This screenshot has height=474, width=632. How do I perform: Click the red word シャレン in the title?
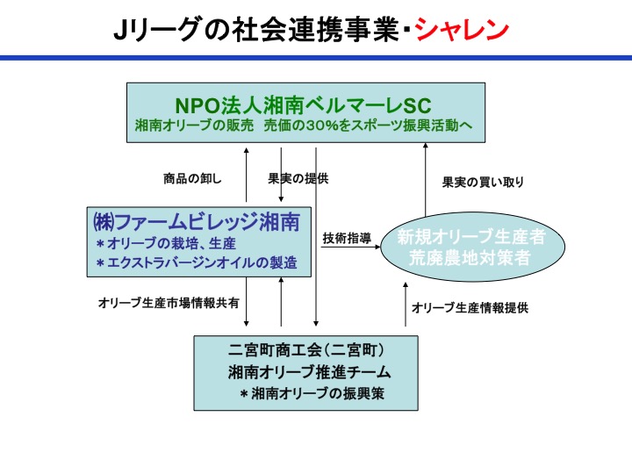(x=462, y=30)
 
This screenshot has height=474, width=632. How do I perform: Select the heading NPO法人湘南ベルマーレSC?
(x=304, y=105)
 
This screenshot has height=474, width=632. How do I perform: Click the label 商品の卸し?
(x=192, y=178)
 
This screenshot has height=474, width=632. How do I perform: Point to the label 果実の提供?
(x=298, y=178)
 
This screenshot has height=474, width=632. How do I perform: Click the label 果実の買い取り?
(x=483, y=183)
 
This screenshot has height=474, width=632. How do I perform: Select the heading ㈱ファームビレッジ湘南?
(x=197, y=222)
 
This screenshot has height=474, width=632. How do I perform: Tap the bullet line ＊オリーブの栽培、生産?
(x=166, y=243)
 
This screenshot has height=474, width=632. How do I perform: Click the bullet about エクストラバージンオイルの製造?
(x=197, y=262)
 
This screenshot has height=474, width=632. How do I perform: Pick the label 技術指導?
(x=347, y=238)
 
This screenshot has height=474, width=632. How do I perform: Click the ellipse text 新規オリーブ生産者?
(x=471, y=237)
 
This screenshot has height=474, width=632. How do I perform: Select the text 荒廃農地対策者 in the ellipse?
(x=470, y=257)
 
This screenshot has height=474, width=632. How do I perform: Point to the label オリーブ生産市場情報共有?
(x=169, y=303)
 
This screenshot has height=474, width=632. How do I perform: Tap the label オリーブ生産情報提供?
(x=470, y=308)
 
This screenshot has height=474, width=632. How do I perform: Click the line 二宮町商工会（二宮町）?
(x=306, y=349)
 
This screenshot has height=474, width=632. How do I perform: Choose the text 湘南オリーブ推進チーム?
(x=309, y=371)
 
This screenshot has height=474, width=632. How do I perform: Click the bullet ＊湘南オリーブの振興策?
(x=312, y=393)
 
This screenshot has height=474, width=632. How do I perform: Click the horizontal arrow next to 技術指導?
(x=350, y=247)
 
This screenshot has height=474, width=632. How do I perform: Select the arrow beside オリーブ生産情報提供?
(x=406, y=304)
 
